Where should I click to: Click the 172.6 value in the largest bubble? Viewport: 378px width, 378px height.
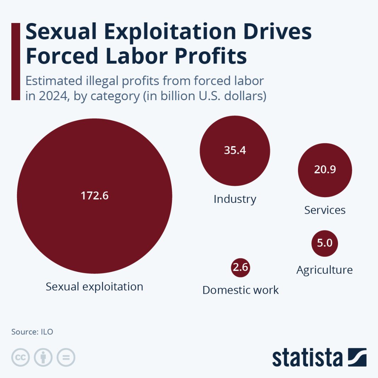pyautogui.click(x=94, y=196)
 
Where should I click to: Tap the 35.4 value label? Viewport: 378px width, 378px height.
pyautogui.click(x=235, y=150)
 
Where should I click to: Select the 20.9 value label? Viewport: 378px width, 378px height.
pyautogui.click(x=325, y=170)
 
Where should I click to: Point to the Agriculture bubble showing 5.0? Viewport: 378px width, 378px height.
pyautogui.click(x=325, y=244)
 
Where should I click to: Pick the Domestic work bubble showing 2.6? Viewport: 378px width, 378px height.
pyautogui.click(x=240, y=268)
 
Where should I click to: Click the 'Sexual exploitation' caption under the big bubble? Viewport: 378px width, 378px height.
pyautogui.click(x=94, y=286)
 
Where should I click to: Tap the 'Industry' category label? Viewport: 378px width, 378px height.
pyautogui.click(x=235, y=199)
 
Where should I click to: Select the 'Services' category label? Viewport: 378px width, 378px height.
pyautogui.click(x=325, y=210)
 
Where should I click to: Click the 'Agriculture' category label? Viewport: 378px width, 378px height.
pyautogui.click(x=325, y=270)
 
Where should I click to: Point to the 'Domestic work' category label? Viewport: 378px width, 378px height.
pyautogui.click(x=240, y=290)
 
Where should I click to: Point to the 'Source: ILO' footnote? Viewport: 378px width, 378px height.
pyautogui.click(x=32, y=332)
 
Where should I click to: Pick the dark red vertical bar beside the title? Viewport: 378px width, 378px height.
pyautogui.click(x=16, y=62)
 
